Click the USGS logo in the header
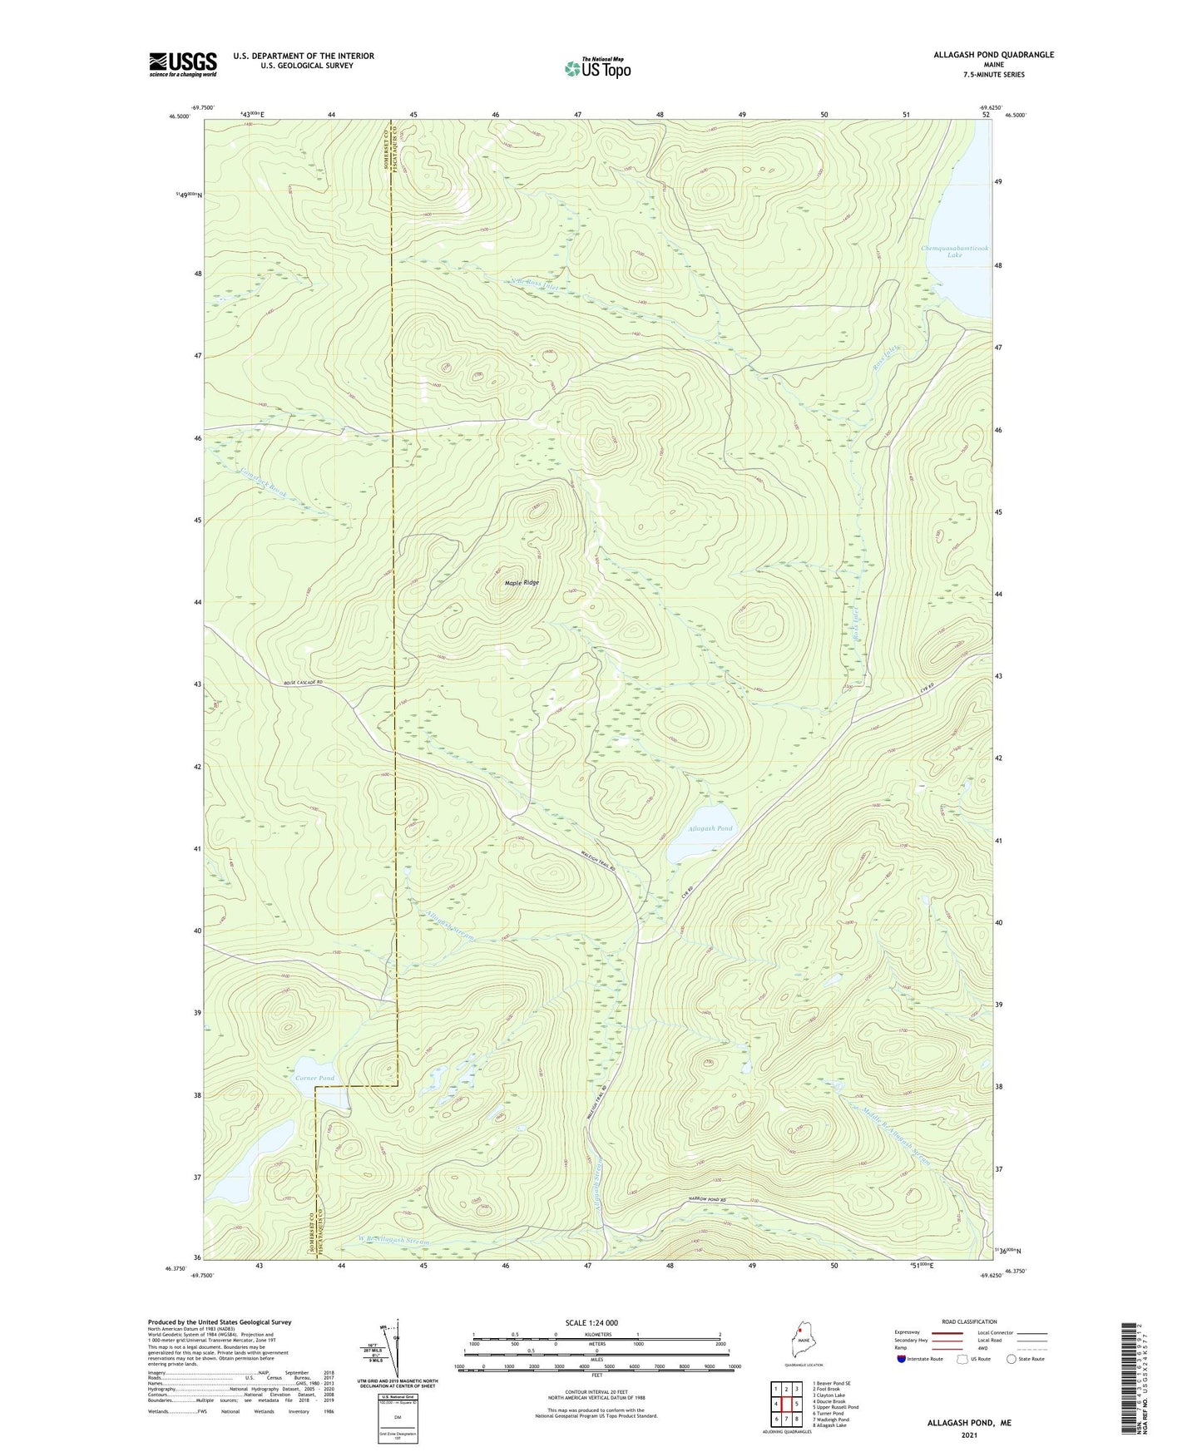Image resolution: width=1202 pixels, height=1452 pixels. coord(182,64)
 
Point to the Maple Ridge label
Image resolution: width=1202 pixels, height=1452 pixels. coord(522,582)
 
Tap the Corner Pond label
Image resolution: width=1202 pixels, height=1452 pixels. coord(314,1078)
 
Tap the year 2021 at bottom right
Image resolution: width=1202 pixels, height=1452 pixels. coord(969,1435)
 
